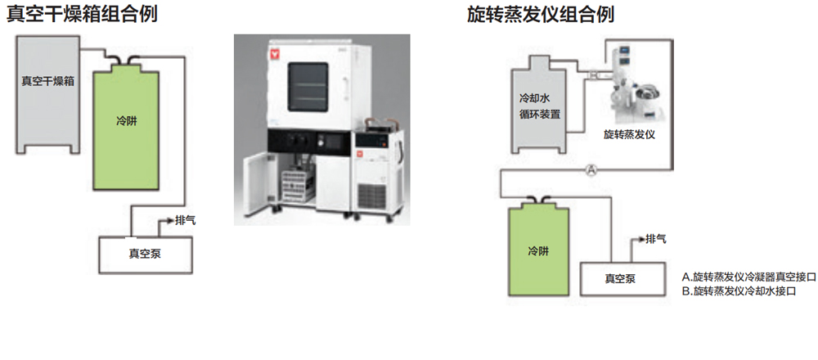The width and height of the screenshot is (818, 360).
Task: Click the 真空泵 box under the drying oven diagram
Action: click(145, 253)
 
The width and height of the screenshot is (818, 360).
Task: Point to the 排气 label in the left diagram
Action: click(186, 220)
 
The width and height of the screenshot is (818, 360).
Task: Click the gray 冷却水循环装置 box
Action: click(540, 106)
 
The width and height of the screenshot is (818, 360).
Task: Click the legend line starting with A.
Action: click(748, 277)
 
